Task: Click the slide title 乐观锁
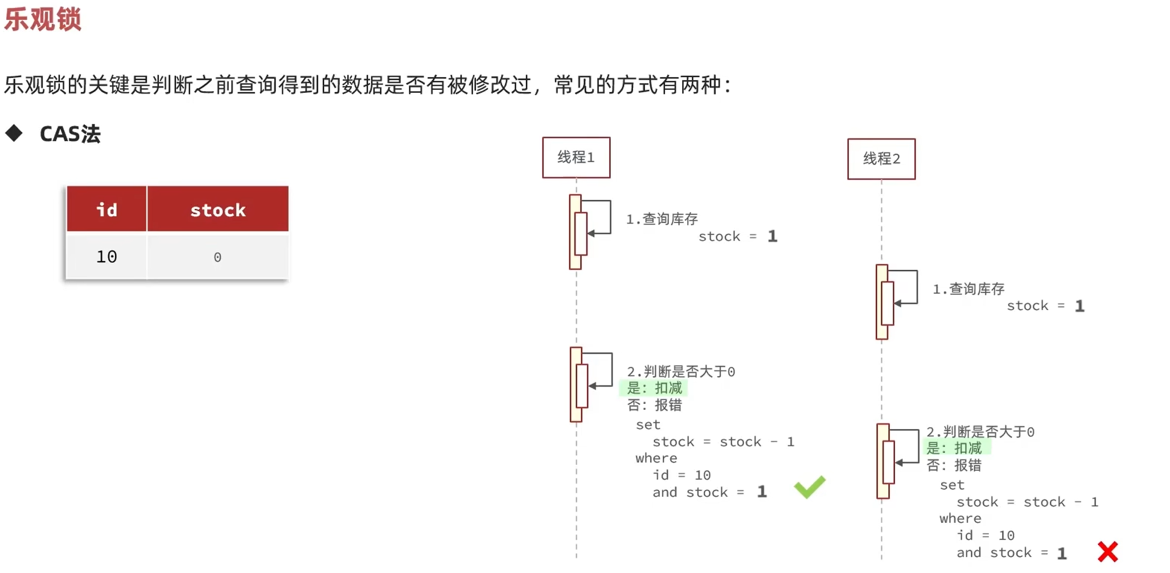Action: pos(43,19)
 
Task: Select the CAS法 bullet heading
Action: pos(70,134)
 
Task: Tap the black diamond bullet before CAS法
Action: pos(14,133)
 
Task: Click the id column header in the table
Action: pos(106,210)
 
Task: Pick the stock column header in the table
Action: pos(217,210)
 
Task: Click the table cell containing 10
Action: pos(106,257)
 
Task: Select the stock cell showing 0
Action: pos(217,257)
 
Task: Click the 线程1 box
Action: pos(576,158)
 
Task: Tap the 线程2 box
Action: pos(881,159)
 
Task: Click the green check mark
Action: pos(809,487)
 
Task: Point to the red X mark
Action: pos(1108,551)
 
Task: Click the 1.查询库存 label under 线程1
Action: pos(662,219)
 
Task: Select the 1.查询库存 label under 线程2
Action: pos(968,289)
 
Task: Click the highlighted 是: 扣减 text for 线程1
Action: pos(654,388)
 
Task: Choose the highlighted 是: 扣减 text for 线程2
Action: pos(954,448)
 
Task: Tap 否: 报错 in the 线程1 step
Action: pos(654,405)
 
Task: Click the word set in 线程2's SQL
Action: pos(952,485)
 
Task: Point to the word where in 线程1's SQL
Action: pos(656,458)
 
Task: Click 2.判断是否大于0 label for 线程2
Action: pos(980,432)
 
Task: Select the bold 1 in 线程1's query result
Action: pos(772,236)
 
